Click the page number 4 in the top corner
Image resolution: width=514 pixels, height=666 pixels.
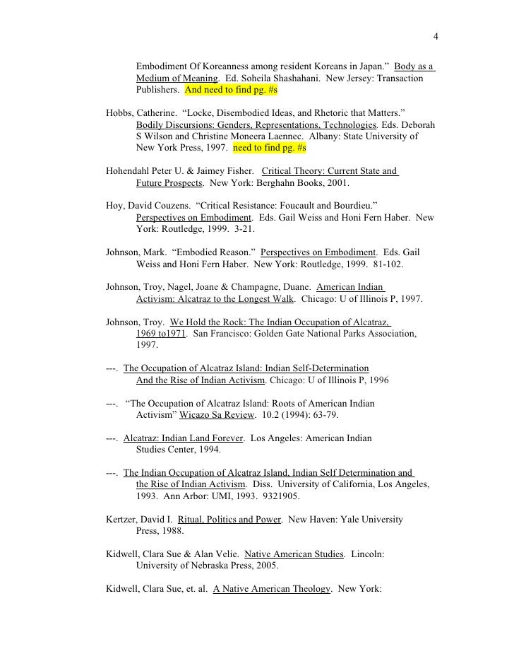(x=436, y=37)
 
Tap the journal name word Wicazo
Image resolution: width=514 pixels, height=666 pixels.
(x=198, y=415)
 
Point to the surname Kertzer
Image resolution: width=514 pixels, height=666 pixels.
(x=123, y=519)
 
